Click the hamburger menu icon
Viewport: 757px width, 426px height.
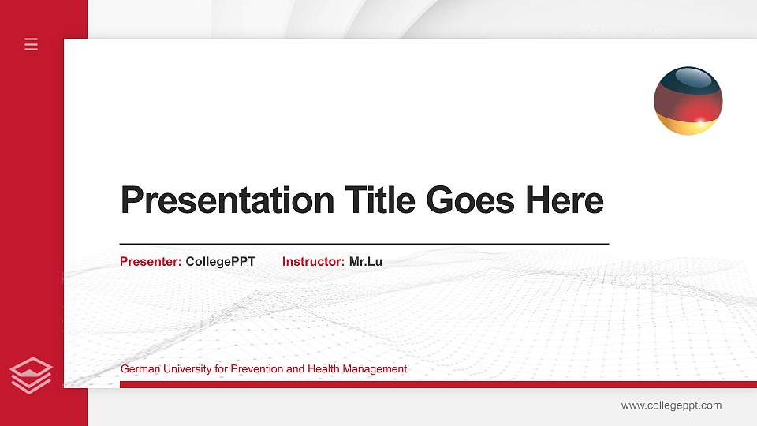click(x=32, y=44)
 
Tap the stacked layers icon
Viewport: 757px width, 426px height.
click(x=32, y=375)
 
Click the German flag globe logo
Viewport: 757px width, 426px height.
click(x=688, y=101)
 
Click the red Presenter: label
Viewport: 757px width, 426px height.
click(x=151, y=262)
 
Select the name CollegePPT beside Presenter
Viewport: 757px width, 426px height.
click(x=221, y=262)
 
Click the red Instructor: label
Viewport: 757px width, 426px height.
click(x=313, y=262)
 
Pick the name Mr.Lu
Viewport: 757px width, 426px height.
click(x=366, y=262)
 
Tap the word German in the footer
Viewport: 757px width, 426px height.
click(x=139, y=369)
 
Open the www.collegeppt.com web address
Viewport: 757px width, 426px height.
click(x=671, y=405)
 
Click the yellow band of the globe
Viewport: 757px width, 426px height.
click(x=688, y=127)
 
